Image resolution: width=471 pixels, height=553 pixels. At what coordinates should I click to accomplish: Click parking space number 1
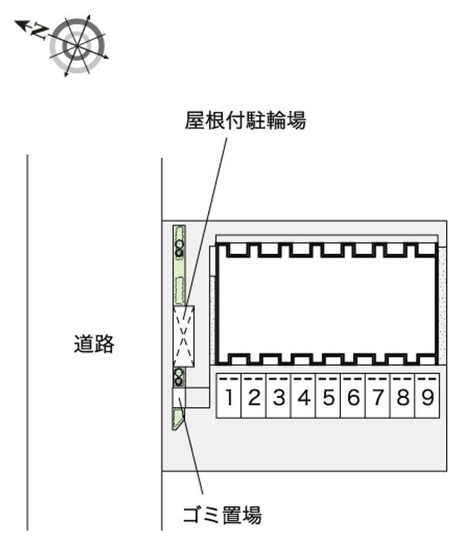click(x=229, y=396)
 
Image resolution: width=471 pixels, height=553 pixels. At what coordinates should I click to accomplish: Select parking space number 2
click(x=254, y=396)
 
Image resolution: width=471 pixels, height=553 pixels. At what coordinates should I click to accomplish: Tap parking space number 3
click(x=278, y=396)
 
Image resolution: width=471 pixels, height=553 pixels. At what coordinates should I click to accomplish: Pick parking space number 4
click(x=303, y=396)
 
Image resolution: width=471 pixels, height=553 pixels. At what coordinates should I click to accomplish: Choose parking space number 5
click(x=328, y=396)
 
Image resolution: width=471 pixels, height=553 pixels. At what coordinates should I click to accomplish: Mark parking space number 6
click(x=353, y=396)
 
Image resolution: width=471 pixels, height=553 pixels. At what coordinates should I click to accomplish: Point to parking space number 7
click(x=378, y=396)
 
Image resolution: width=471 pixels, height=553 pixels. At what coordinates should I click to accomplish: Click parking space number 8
click(x=403, y=396)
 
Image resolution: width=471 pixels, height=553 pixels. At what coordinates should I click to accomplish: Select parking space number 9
click(x=427, y=396)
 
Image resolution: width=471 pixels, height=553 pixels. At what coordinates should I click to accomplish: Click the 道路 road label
click(x=94, y=344)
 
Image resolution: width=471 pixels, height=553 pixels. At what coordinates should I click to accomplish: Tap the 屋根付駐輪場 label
click(x=246, y=121)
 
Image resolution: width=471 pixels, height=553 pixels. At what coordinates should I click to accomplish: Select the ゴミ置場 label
click(x=223, y=515)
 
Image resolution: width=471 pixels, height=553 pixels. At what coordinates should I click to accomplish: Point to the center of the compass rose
click(x=77, y=46)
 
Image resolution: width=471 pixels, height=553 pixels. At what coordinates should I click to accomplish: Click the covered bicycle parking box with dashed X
click(x=184, y=337)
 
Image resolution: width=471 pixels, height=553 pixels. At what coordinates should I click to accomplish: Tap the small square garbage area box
click(x=178, y=398)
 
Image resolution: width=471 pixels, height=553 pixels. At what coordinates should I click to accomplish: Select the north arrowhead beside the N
click(x=21, y=25)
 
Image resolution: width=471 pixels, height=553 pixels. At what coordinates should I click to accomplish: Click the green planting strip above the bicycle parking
click(x=180, y=265)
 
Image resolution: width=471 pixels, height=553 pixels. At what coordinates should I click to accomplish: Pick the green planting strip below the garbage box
click(x=178, y=419)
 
